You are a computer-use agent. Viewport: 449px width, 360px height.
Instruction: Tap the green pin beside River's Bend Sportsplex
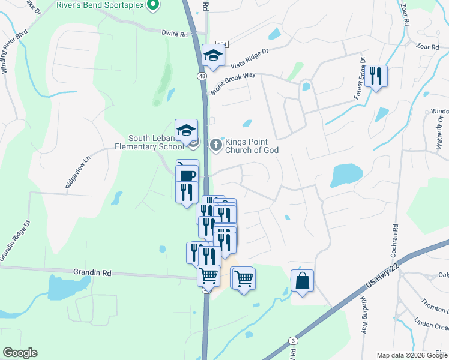pos(152,5)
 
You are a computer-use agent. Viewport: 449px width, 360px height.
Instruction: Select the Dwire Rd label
pos(175,34)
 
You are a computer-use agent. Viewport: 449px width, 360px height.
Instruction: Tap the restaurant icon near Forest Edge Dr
pos(376,76)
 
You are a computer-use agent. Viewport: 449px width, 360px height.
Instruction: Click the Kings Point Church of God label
pos(252,146)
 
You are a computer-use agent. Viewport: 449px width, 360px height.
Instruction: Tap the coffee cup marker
pos(187,175)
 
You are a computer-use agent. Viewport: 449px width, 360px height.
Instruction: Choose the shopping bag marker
pos(303,281)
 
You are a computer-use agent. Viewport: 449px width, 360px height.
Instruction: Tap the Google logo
pos(20,353)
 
